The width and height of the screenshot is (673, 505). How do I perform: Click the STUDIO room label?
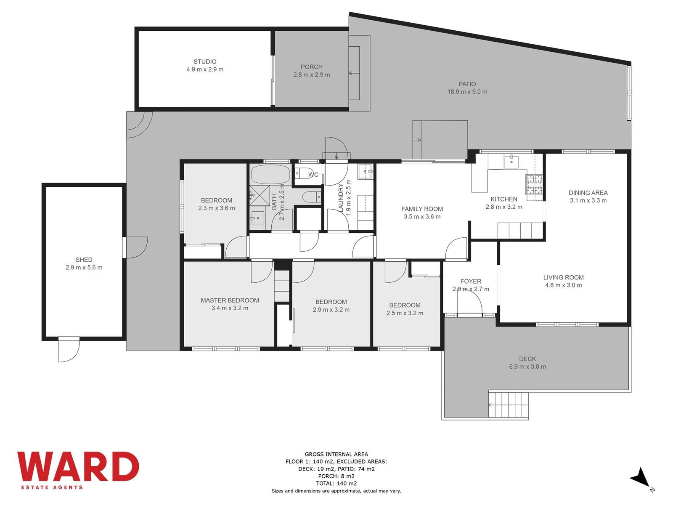(x=205, y=61)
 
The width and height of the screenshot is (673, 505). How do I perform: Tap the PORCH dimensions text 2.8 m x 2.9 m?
(x=312, y=74)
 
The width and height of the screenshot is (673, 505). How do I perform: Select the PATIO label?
(x=467, y=84)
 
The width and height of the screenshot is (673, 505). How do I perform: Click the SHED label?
(x=84, y=260)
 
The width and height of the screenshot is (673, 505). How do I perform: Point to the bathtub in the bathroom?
(x=270, y=175)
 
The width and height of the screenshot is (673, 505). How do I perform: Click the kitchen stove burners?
(x=534, y=185)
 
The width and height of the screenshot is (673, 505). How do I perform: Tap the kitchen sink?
(x=511, y=162)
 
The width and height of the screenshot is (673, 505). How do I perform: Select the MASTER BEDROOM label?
(x=230, y=300)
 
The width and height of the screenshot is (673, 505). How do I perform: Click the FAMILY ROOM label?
(x=422, y=209)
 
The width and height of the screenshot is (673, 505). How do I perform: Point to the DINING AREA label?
(x=588, y=193)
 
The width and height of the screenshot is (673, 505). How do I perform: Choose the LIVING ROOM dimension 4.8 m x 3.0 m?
(x=563, y=285)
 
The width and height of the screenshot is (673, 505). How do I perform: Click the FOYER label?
(x=471, y=281)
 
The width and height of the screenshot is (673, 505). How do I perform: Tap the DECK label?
(x=527, y=359)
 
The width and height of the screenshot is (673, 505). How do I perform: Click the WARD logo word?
(x=78, y=466)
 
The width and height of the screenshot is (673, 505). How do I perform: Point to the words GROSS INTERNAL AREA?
(x=336, y=454)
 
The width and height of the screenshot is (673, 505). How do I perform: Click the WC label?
(x=313, y=175)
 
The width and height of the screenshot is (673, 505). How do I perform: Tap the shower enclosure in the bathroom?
(x=260, y=195)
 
